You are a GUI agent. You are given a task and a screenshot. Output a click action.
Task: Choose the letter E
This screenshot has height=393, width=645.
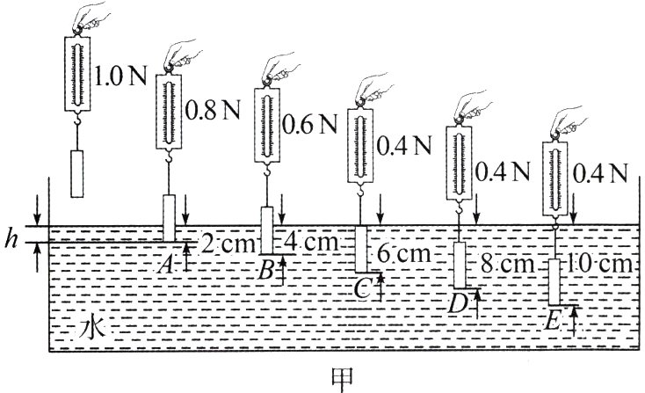(550, 322)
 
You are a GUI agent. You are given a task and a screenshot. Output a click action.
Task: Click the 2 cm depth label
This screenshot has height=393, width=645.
(227, 244)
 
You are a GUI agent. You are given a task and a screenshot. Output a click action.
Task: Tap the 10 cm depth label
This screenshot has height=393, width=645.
(600, 264)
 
